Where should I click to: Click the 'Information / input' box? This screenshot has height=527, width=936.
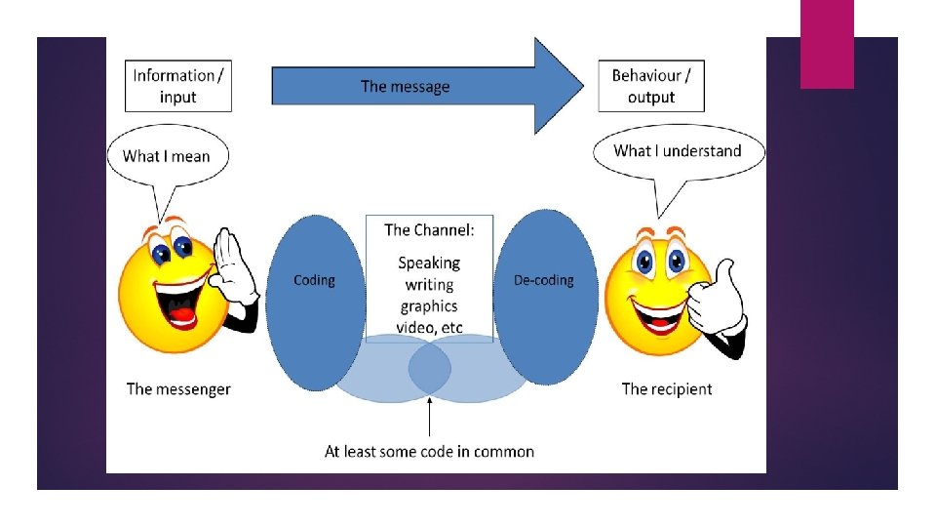point(178,86)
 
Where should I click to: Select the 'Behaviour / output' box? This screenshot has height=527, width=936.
point(651,86)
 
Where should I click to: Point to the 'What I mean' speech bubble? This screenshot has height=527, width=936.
point(166,156)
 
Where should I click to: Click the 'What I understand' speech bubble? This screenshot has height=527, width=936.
point(678,151)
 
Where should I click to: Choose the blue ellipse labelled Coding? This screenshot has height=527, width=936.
point(314,293)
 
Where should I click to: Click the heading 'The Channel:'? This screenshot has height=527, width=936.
point(429,230)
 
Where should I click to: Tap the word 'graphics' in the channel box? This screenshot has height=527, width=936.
point(429,306)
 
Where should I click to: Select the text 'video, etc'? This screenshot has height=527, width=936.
point(429,327)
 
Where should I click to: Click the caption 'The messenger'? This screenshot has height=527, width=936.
point(178,389)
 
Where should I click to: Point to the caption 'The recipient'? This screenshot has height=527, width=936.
point(667,389)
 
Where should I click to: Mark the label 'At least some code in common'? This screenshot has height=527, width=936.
point(429,451)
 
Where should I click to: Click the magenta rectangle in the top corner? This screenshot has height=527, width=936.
point(827,44)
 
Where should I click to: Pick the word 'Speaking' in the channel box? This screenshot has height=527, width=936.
point(429,263)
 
